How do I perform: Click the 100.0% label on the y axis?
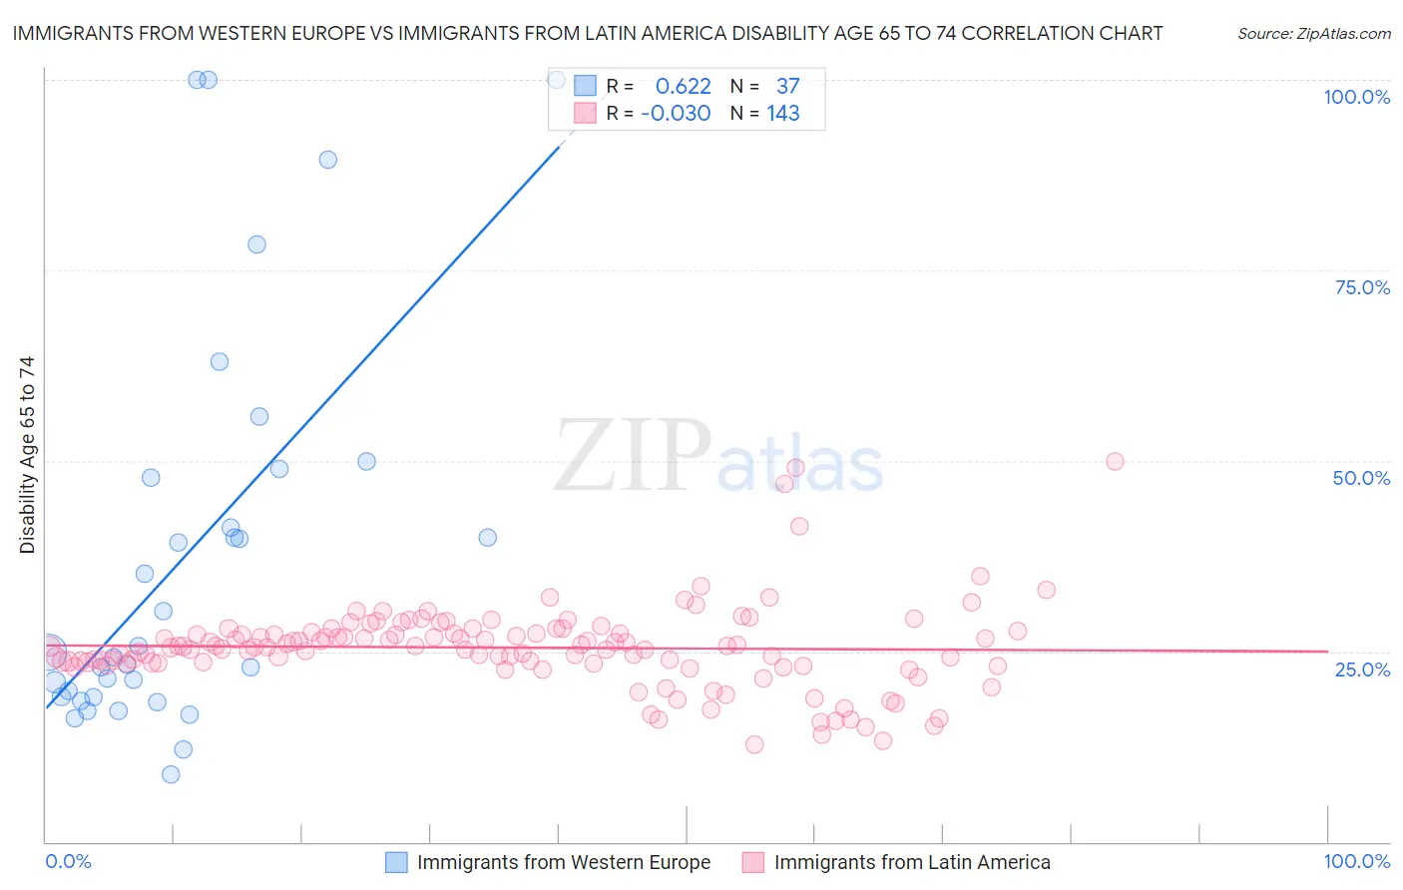coord(1356,97)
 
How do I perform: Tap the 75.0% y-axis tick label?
coord(1362,287)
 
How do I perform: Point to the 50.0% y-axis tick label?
coord(1361,478)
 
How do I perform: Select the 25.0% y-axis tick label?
coord(1362,668)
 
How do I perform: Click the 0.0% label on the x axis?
coord(68,861)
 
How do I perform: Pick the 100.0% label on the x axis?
coord(1356,861)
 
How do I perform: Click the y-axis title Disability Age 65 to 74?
coord(27,455)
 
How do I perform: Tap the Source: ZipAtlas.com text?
coord(1313,33)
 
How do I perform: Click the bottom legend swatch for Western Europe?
coord(396,862)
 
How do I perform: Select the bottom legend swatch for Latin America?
coord(753,862)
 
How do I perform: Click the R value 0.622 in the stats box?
coord(683,86)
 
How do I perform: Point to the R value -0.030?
coord(676,113)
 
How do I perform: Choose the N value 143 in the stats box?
coord(783,113)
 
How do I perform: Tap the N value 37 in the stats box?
coord(787,86)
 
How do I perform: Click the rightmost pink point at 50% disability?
coord(1115,461)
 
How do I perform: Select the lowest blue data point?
coord(171,774)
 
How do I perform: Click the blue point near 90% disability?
coord(327,160)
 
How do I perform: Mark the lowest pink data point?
coord(754,744)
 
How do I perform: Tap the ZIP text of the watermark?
coord(632,455)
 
